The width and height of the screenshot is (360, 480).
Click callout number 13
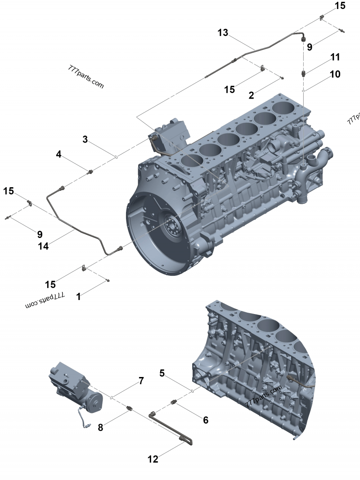click(x=223, y=32)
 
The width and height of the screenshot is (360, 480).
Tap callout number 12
click(x=153, y=459)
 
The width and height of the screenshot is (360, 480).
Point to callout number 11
click(x=335, y=57)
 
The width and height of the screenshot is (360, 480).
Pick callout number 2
click(x=251, y=95)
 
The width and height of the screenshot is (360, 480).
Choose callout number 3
click(x=85, y=139)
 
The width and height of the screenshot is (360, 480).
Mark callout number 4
click(x=58, y=154)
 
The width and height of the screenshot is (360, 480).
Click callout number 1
click(x=79, y=296)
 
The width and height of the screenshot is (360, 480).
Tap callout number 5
click(x=162, y=372)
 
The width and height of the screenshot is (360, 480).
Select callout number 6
click(x=206, y=420)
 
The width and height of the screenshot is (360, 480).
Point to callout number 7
click(x=141, y=381)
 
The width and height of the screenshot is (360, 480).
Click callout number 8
click(x=100, y=427)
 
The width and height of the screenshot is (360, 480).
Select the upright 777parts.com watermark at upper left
click(x=86, y=77)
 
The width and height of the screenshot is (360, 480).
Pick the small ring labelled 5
click(x=193, y=391)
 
